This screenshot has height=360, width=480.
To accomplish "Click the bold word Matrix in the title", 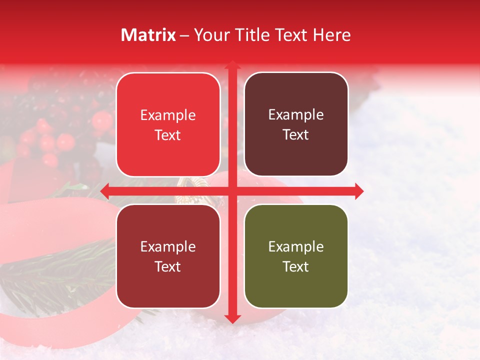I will point(148,35).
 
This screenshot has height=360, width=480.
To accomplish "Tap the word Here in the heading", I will point(331,35).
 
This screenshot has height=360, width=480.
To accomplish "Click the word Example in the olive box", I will point(296,246).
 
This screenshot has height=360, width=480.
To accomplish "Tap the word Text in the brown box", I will point(296,135).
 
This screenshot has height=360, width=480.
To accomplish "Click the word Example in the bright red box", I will point(168,115).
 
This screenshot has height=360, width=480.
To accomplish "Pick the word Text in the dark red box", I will point(168,266).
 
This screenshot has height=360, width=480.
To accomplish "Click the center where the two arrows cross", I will point(232,191).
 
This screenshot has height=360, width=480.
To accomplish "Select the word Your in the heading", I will point(209,35).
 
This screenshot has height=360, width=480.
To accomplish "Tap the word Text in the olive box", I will point(296,266).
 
